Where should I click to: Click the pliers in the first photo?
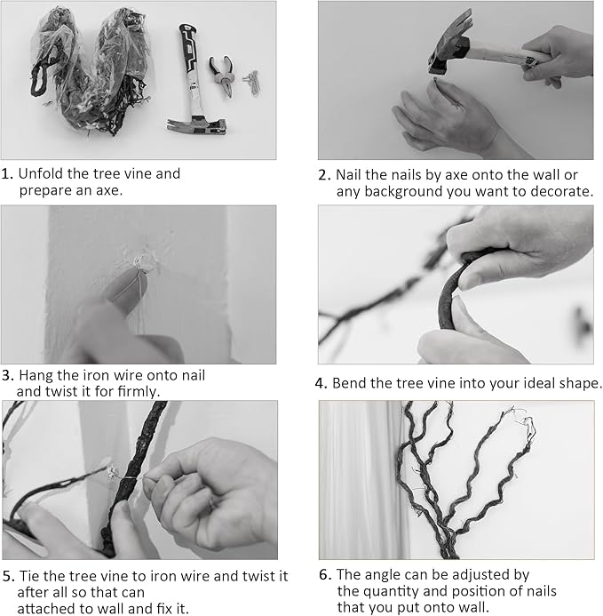(222, 75)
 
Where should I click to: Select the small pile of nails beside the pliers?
(252, 82)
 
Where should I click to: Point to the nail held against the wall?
(436, 81)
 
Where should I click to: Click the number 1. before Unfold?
(7, 173)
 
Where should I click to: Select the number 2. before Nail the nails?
(325, 175)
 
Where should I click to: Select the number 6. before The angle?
(325, 575)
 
